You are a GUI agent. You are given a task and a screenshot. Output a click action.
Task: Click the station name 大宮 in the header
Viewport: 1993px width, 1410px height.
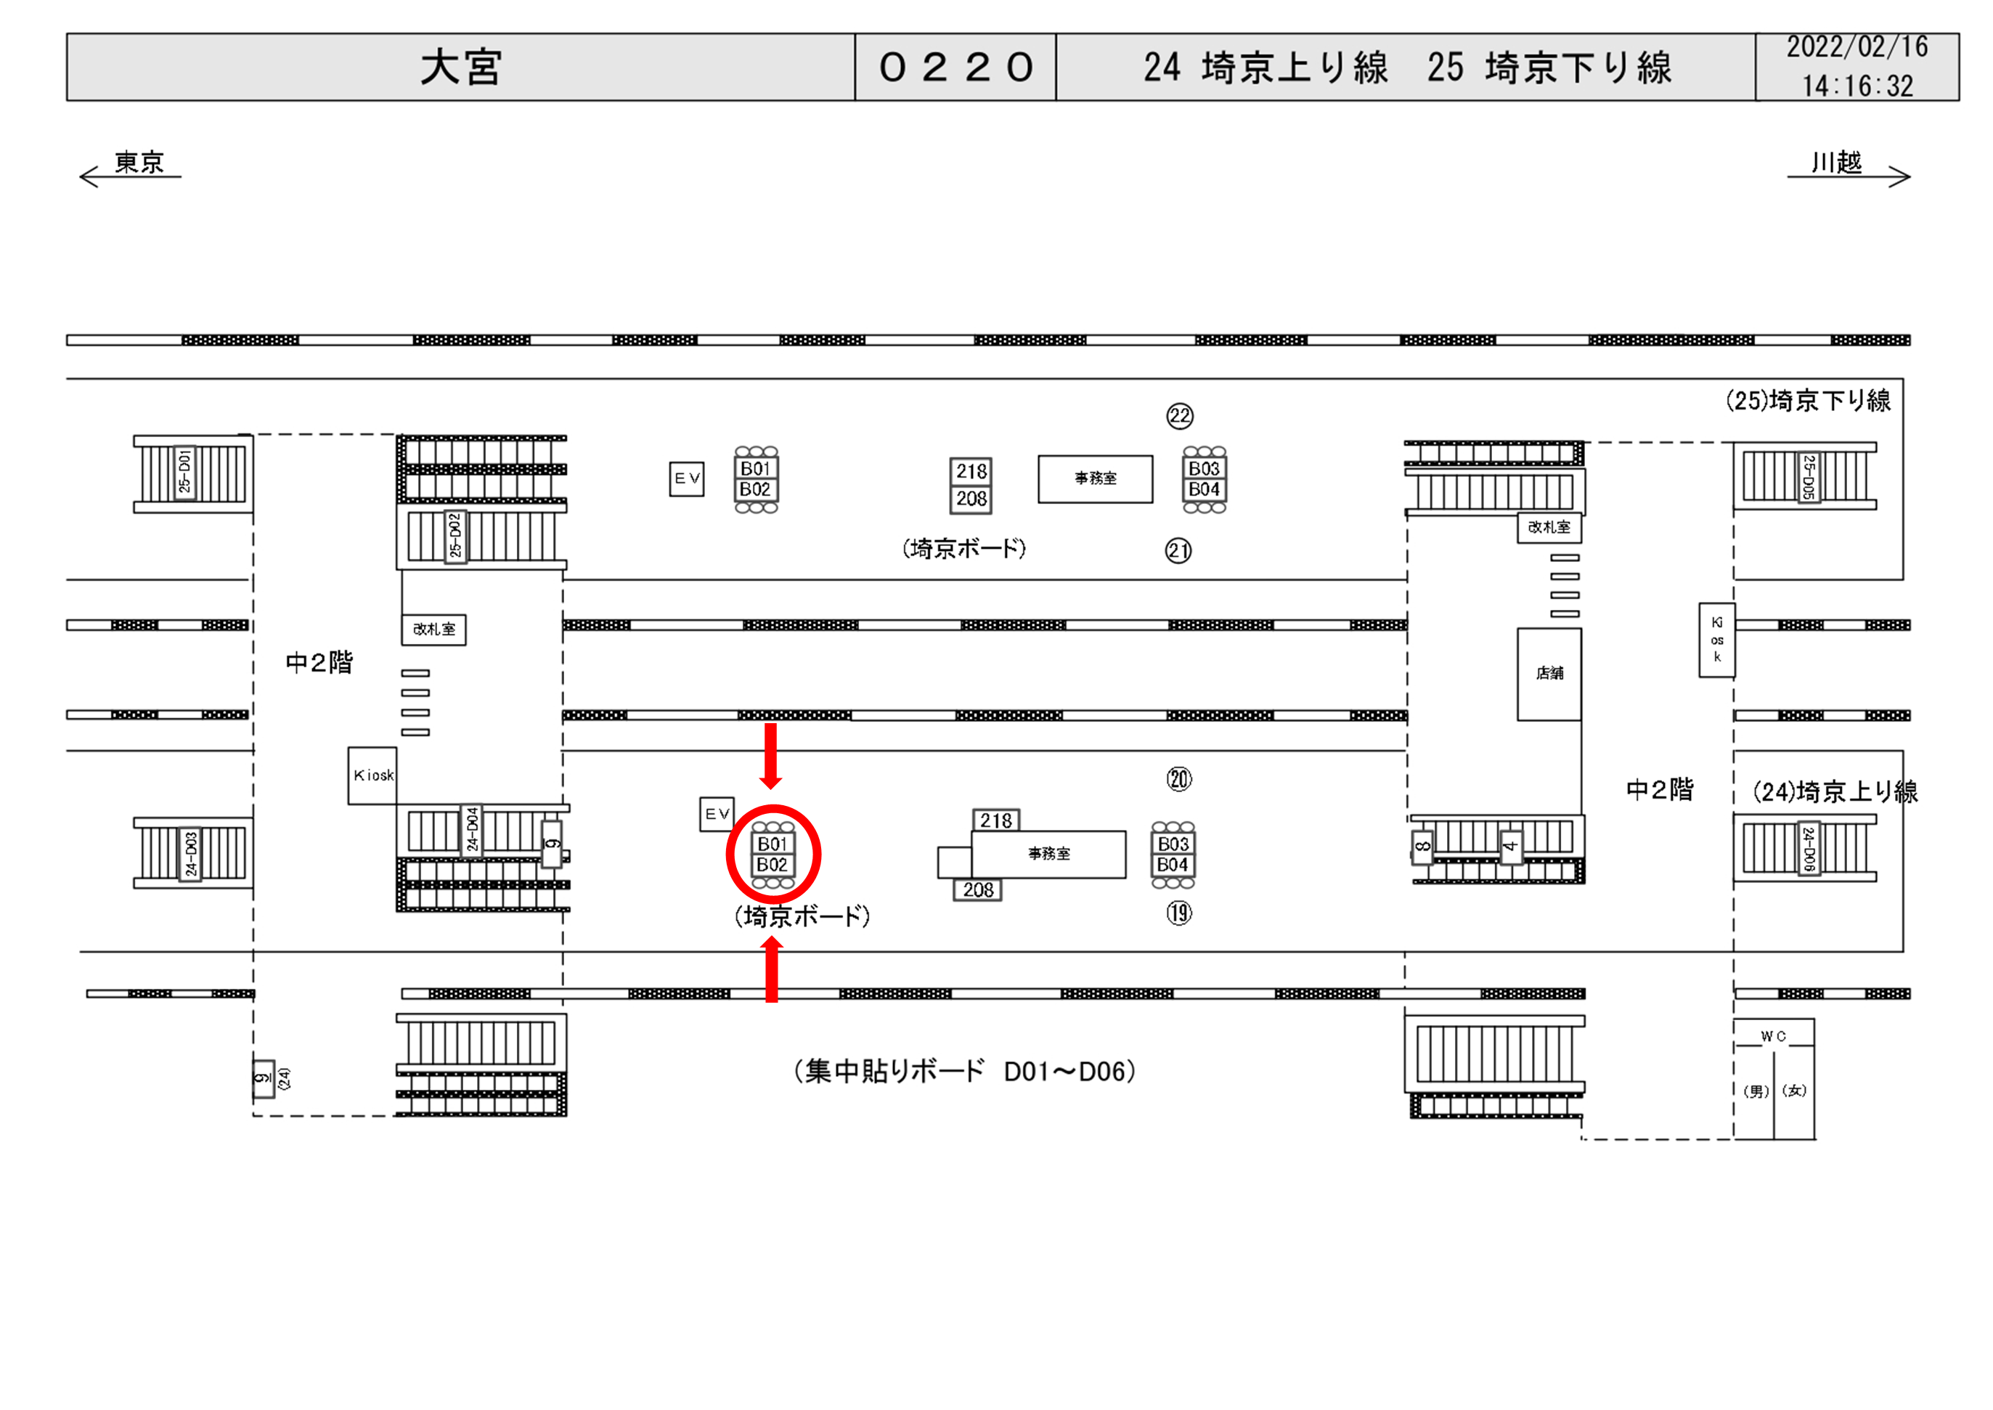click(460, 68)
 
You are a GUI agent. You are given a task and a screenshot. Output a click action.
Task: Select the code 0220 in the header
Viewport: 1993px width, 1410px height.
click(955, 68)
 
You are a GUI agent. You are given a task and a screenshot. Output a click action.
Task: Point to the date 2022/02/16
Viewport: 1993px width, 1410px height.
click(1857, 48)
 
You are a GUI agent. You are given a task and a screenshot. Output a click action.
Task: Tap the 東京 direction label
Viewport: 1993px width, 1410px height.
click(139, 163)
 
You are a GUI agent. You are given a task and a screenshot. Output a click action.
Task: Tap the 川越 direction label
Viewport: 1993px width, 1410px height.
click(1836, 163)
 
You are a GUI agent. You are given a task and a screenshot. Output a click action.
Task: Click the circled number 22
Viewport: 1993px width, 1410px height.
click(1180, 417)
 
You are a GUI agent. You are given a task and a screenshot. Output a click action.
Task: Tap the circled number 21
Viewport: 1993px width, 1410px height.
click(1178, 550)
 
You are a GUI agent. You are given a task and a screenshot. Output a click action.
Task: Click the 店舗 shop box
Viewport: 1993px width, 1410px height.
click(1549, 674)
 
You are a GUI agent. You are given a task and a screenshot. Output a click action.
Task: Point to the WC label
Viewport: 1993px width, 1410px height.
click(1774, 1037)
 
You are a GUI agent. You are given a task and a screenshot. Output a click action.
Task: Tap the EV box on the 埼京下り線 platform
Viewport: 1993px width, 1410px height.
click(687, 478)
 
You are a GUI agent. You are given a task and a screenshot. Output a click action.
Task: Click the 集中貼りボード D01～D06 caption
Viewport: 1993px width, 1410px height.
click(964, 1072)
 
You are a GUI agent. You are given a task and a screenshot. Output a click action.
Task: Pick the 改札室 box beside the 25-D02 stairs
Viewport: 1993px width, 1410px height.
click(433, 629)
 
